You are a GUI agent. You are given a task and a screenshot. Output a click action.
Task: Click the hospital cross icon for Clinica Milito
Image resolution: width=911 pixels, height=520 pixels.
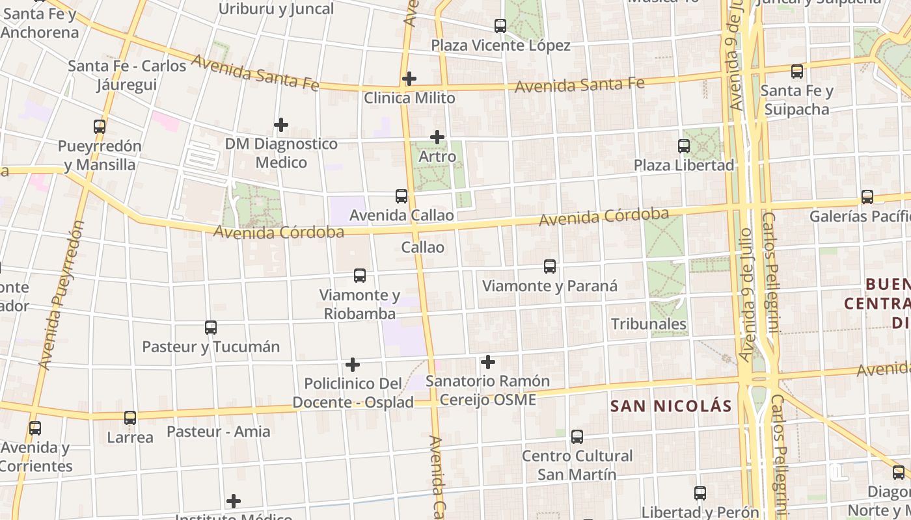(x=409, y=79)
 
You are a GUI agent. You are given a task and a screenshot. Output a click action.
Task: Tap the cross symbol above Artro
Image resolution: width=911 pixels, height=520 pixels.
(x=437, y=137)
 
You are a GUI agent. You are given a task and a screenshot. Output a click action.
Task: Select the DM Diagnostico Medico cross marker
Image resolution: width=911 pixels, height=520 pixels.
(x=281, y=124)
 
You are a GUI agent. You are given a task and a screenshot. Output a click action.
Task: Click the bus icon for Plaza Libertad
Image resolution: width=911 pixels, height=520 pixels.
(x=684, y=146)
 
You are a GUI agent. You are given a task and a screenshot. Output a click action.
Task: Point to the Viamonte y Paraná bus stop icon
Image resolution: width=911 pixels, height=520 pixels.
(x=550, y=266)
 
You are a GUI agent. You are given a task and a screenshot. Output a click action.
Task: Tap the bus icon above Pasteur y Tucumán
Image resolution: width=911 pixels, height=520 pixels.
(x=211, y=328)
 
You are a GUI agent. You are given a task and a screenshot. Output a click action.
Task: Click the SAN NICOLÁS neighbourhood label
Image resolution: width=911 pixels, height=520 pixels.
(x=671, y=406)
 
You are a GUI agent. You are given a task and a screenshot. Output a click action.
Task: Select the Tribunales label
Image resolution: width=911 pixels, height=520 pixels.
(x=649, y=324)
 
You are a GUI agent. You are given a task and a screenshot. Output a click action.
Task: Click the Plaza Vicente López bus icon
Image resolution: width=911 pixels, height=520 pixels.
(x=500, y=26)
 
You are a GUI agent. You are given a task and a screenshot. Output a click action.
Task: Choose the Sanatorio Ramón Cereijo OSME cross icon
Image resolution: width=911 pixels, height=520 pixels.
(x=488, y=362)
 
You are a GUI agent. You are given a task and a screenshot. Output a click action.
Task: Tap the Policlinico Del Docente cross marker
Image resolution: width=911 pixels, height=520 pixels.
(x=353, y=365)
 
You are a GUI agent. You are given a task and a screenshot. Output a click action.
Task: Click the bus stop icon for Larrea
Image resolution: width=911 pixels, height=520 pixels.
(x=130, y=418)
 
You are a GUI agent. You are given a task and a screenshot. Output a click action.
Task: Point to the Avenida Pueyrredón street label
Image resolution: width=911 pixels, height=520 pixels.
(x=61, y=296)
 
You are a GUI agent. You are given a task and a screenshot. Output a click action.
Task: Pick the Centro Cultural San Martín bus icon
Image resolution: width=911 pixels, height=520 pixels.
(x=577, y=437)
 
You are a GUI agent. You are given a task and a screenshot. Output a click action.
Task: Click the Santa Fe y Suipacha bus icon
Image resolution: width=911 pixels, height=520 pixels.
(x=797, y=71)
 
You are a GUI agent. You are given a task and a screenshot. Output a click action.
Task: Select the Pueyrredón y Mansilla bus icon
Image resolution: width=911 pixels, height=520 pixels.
(x=100, y=127)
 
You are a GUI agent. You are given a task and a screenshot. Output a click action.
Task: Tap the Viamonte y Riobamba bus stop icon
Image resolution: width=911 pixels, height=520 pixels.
(x=360, y=276)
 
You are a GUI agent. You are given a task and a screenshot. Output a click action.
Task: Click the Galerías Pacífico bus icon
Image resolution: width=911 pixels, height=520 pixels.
(x=867, y=197)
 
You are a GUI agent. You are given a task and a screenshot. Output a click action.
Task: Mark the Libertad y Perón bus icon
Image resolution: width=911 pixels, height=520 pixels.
(x=700, y=493)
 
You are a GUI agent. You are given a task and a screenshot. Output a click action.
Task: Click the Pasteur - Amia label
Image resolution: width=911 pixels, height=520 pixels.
(x=219, y=432)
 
